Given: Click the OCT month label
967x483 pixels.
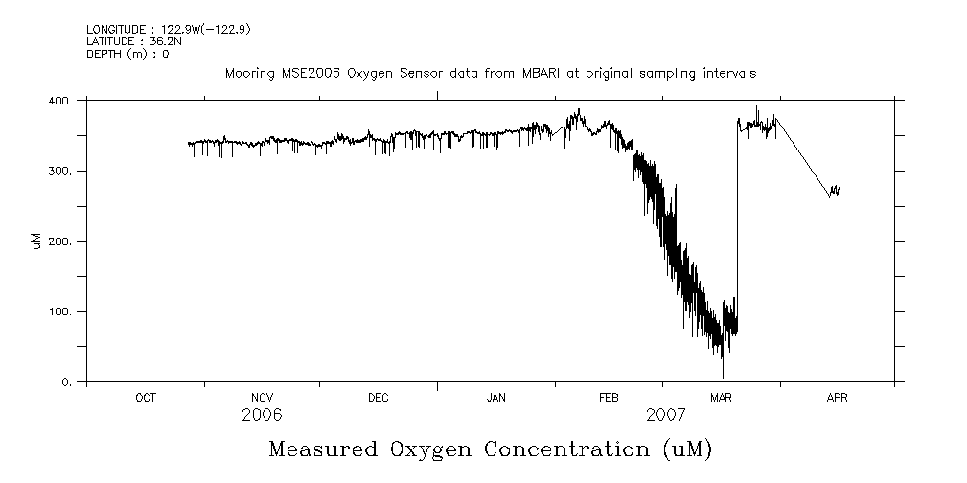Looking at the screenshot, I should (x=146, y=398).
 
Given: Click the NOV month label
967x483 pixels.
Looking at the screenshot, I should (x=262, y=398).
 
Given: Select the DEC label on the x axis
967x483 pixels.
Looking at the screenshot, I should (x=378, y=398).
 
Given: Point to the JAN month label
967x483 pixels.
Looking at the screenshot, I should (x=496, y=398).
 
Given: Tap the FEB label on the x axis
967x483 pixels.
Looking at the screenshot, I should (x=609, y=398).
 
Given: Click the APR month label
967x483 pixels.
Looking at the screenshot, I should (x=837, y=398).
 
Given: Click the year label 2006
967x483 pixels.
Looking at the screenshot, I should (x=262, y=415).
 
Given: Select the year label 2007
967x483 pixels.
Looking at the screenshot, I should (x=666, y=415).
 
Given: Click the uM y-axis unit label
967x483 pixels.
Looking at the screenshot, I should (x=37, y=241).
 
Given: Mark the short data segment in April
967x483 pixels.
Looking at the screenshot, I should (x=834, y=191).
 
